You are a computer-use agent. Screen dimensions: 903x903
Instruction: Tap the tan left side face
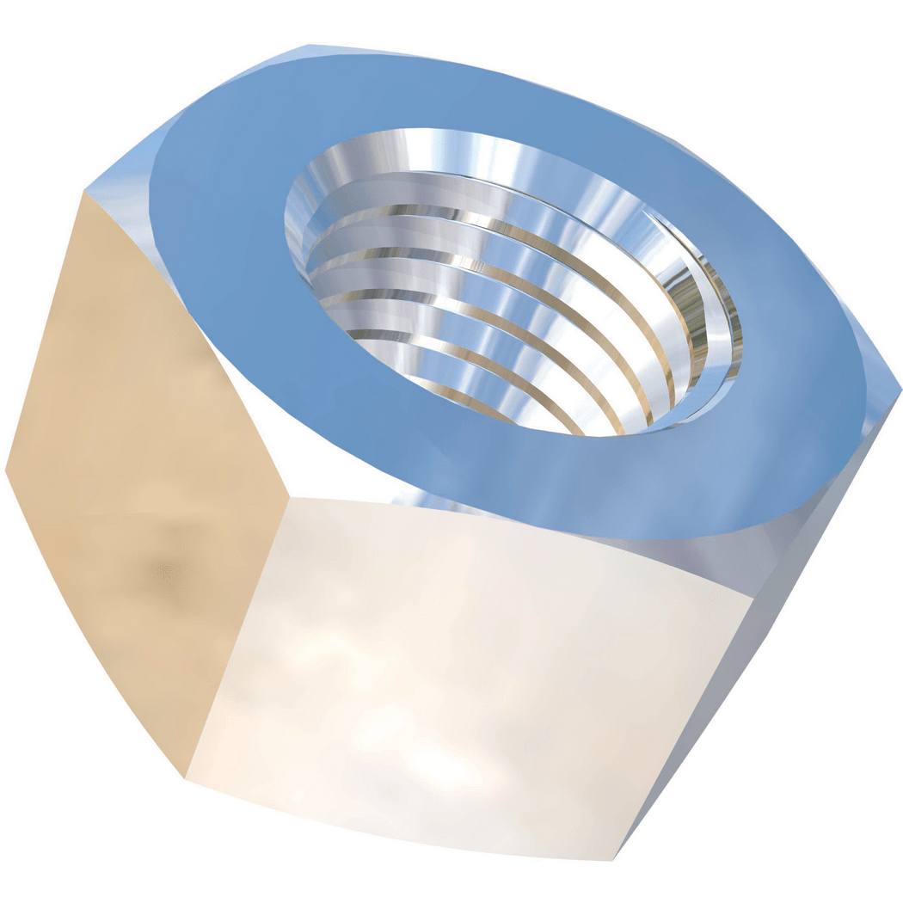[x=146, y=482]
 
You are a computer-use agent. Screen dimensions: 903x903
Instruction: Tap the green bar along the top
[x=451, y=21]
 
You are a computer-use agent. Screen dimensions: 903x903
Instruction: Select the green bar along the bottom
[x=451, y=882]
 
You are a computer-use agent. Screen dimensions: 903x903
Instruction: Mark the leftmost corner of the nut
[x=6, y=470]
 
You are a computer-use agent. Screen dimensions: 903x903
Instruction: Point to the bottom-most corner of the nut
[x=612, y=858]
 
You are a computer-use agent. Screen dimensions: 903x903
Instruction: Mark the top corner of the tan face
[x=83, y=192]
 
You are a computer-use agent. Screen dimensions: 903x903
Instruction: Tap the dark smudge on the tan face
[x=155, y=568]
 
